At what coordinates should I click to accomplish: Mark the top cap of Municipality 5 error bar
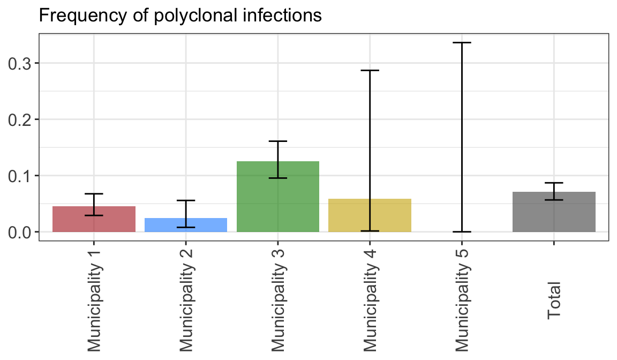click(x=462, y=42)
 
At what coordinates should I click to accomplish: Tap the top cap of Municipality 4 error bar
click(x=370, y=70)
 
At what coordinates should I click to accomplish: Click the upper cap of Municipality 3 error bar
click(x=278, y=141)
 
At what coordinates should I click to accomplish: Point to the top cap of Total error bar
click(x=554, y=183)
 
